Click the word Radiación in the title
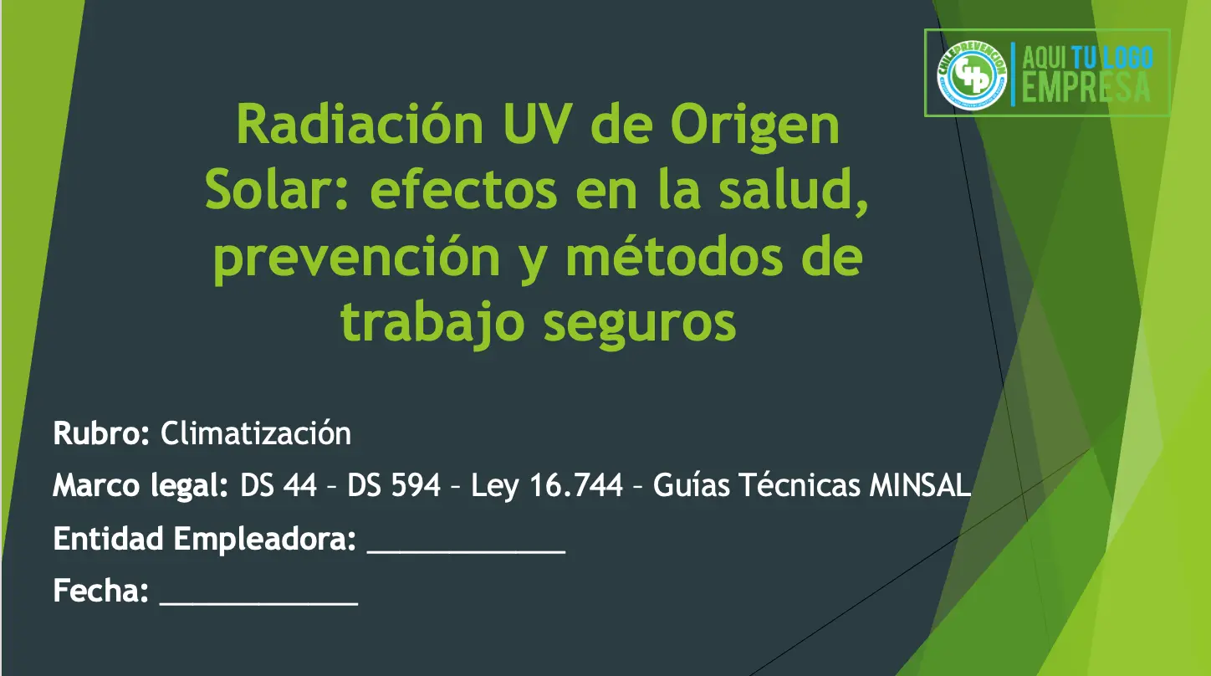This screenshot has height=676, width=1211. (360, 125)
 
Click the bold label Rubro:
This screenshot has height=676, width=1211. (101, 433)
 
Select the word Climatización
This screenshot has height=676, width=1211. (256, 433)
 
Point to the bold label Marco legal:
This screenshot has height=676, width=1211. (141, 485)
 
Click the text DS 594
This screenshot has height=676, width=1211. (394, 484)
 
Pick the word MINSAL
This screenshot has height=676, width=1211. (920, 484)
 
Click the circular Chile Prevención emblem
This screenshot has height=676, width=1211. (972, 75)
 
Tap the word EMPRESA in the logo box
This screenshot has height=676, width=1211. (1086, 88)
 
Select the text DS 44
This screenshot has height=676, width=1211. (278, 484)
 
